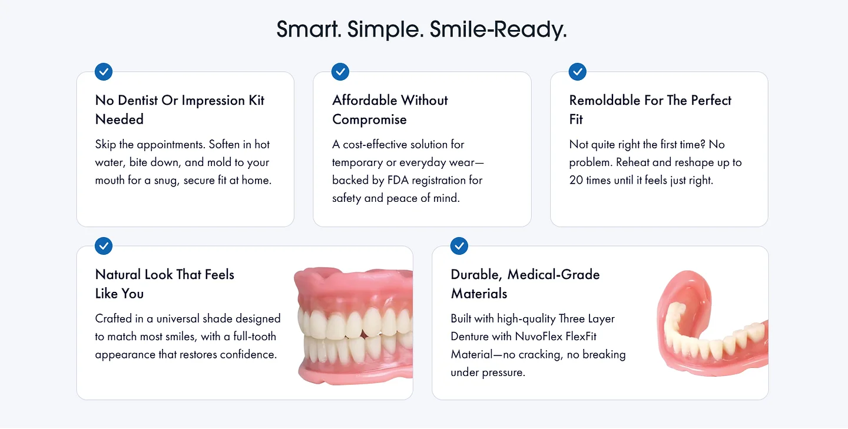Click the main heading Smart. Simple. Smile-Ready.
coord(422,29)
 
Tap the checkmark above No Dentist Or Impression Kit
coord(104,72)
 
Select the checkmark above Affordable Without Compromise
coord(340,72)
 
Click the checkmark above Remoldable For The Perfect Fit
coord(578,72)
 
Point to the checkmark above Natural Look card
coord(104,245)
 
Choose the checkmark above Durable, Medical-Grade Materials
coord(459,245)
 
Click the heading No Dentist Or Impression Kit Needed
coord(180,109)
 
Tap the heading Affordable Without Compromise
coord(390,109)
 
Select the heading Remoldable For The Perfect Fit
coord(650,109)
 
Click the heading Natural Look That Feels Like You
coord(165,284)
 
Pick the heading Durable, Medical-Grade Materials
coord(525,284)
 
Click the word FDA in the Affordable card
coord(399,180)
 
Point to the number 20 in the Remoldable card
coord(576,180)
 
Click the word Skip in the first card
coord(105,144)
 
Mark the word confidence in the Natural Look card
coord(248,355)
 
